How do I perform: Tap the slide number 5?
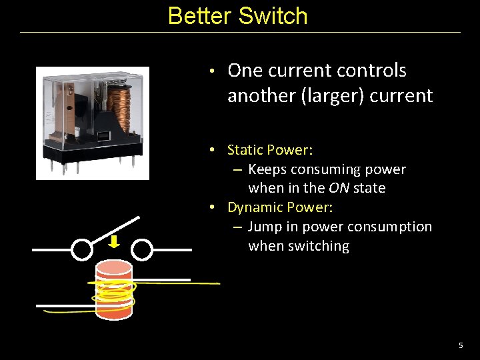(x=460, y=345)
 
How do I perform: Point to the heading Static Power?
(x=270, y=150)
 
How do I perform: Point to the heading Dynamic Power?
(x=280, y=207)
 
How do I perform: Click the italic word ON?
(x=339, y=188)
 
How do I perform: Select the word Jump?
(x=264, y=227)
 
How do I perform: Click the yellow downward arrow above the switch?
(x=114, y=241)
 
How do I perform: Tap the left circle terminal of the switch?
(x=81, y=250)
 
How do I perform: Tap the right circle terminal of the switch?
(x=142, y=250)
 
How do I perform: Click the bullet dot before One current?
(x=210, y=71)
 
